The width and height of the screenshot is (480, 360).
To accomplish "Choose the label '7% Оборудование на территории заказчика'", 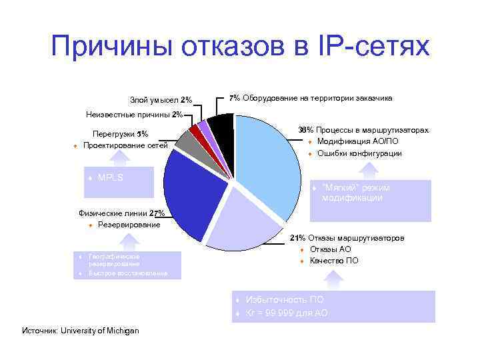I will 311,98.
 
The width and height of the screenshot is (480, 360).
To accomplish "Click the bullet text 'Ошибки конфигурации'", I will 359,153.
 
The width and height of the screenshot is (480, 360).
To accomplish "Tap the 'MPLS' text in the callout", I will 110,178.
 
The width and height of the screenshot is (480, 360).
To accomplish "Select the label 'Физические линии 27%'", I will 122,214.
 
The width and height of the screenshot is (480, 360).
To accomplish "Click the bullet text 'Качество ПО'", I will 334,261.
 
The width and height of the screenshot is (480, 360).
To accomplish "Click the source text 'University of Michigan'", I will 99,331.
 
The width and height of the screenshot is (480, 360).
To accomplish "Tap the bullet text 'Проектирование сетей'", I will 125,145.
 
